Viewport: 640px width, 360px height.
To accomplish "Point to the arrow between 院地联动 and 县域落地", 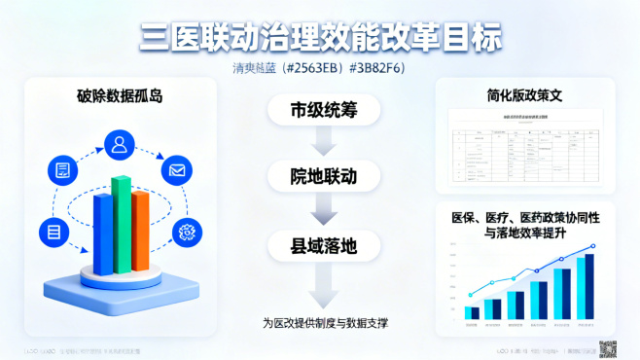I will pos(322,211).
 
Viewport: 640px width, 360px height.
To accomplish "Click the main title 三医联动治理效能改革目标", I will pos(320,37).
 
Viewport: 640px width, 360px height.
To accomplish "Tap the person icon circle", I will pos(121,146).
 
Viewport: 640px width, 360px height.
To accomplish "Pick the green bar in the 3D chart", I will pos(121,224).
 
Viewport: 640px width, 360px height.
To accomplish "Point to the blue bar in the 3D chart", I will pos(102,234).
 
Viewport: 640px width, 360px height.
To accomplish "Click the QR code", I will pos(608,348).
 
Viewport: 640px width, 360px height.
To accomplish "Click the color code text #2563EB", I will pos(309,69).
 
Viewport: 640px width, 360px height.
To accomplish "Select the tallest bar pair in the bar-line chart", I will pos(584,287).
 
